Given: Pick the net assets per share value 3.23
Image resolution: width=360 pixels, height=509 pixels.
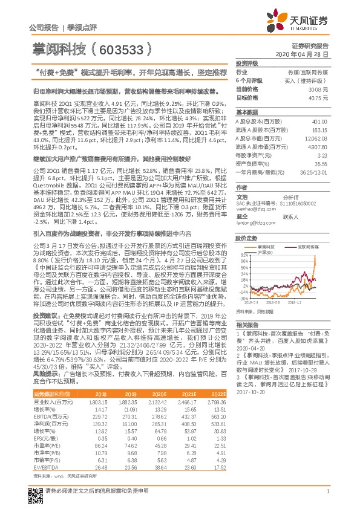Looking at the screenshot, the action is (324, 155).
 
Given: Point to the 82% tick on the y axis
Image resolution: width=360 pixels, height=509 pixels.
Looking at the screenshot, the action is (243, 255).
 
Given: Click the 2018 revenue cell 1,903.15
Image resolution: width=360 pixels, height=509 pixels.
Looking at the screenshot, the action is (99, 401).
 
